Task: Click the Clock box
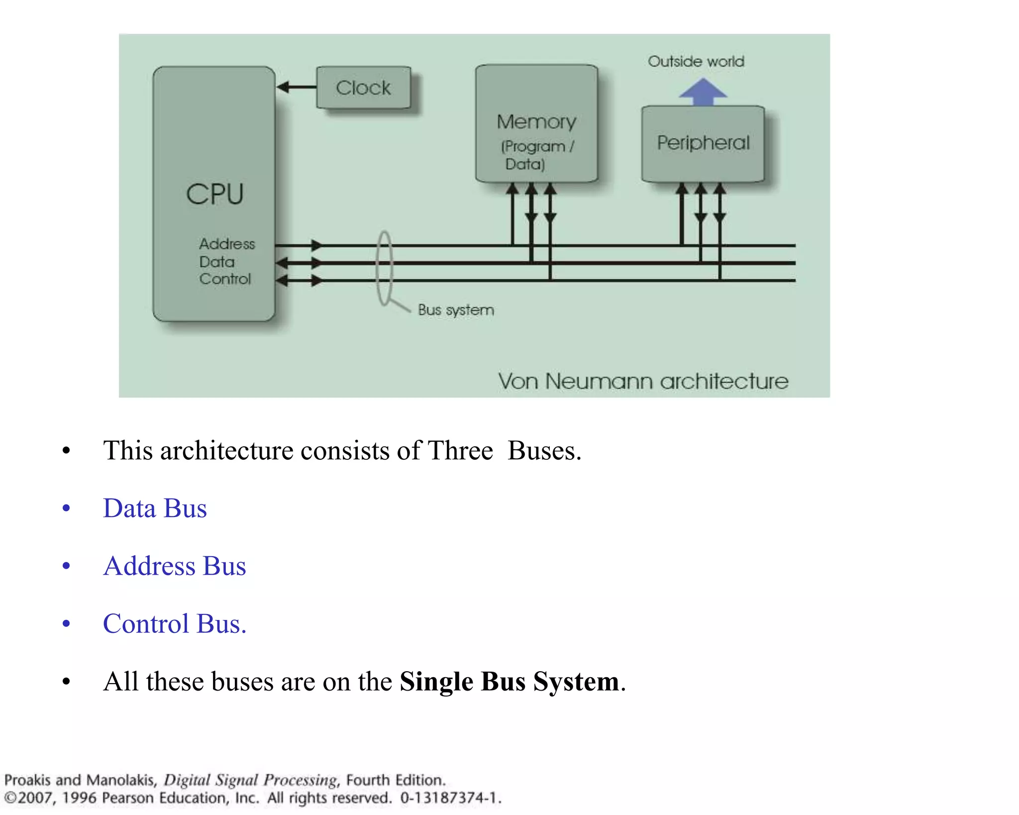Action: click(363, 88)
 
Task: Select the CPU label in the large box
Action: click(215, 194)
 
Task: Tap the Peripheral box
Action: click(703, 143)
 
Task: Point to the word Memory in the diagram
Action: click(536, 122)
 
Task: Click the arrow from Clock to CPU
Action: click(297, 88)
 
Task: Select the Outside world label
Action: click(696, 62)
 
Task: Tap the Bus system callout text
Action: click(456, 310)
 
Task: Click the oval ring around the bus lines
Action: click(384, 269)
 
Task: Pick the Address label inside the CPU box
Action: click(227, 244)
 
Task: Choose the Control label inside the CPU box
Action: click(225, 279)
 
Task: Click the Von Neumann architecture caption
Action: click(643, 382)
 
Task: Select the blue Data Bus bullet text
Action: click(155, 509)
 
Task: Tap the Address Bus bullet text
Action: click(174, 566)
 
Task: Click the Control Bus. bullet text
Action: click(174, 624)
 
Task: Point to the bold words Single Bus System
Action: click(509, 682)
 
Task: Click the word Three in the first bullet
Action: click(460, 451)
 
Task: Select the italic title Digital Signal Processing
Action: click(251, 780)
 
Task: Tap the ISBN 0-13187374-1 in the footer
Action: click(450, 798)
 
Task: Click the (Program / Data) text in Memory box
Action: click(536, 155)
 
